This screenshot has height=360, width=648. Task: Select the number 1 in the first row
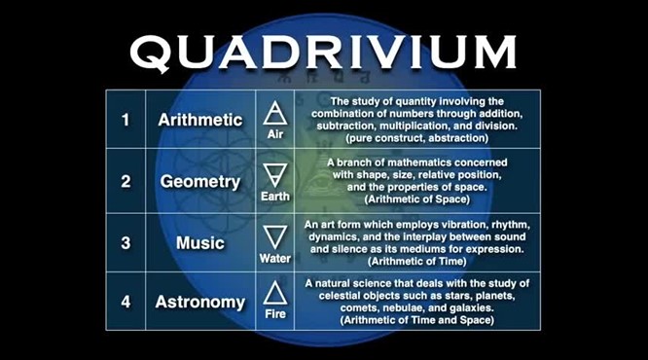click(126, 121)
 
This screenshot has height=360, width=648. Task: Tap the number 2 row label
click(126, 181)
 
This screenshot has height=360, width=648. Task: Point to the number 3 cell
click(126, 242)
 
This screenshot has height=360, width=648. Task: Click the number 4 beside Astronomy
click(126, 302)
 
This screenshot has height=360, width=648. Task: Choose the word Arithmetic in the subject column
click(199, 121)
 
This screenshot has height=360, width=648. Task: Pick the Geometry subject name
click(199, 182)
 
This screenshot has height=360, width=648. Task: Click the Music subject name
click(199, 242)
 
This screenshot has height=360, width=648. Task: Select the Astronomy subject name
click(199, 303)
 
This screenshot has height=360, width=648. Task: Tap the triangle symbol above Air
click(274, 113)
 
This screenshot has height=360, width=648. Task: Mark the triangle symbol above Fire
click(274, 293)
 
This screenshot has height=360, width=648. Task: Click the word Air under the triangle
click(274, 135)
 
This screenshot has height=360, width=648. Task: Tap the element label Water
click(274, 259)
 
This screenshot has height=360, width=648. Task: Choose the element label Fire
click(274, 317)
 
